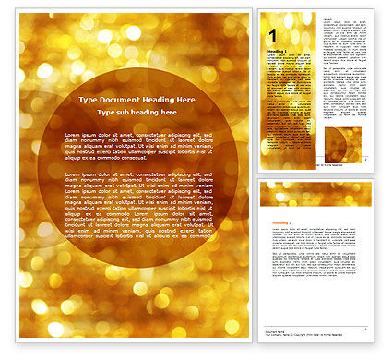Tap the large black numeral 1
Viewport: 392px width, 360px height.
point(273,34)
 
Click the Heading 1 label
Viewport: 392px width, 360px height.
point(276,50)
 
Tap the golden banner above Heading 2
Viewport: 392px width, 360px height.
point(315,193)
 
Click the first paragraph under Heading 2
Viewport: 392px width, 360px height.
point(315,237)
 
